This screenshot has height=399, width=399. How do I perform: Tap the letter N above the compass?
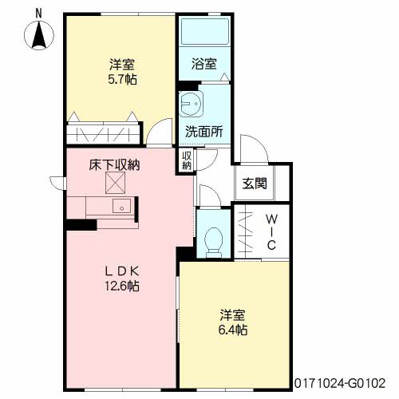(x=39, y=14)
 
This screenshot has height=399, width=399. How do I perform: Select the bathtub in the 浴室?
(x=205, y=32)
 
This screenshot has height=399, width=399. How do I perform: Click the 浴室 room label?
(x=204, y=64)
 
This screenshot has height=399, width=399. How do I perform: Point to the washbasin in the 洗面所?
(x=191, y=104)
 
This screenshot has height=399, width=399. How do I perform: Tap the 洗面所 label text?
(x=204, y=131)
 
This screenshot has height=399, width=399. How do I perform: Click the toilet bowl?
(x=214, y=242)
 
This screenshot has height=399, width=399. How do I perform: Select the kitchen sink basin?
(x=121, y=206)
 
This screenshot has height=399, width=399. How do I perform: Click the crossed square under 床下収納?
(x=115, y=183)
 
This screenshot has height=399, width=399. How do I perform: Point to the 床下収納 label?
(x=114, y=165)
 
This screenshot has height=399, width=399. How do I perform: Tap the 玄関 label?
(x=255, y=184)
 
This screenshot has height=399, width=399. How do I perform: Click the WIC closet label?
(x=271, y=232)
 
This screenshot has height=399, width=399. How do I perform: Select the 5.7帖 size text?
(x=123, y=79)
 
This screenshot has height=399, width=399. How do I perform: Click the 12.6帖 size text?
(x=122, y=286)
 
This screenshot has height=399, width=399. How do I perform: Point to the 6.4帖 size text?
(x=233, y=330)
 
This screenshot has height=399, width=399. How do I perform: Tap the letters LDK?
(x=122, y=271)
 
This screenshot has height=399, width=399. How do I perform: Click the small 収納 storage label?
(x=187, y=161)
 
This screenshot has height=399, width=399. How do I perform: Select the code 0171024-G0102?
(x=340, y=384)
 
